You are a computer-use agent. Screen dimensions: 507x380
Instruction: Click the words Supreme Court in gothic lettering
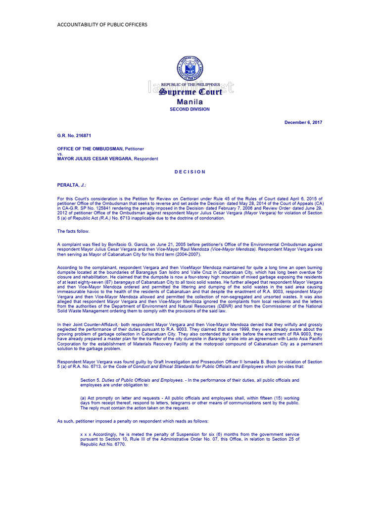click(x=190, y=92)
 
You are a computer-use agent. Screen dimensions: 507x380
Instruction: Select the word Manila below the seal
click(x=190, y=101)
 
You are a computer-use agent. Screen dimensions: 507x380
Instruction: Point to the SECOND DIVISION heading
click(x=190, y=109)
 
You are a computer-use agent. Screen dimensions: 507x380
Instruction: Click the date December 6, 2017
click(x=303, y=122)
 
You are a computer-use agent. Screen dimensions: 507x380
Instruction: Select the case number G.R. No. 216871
click(x=74, y=135)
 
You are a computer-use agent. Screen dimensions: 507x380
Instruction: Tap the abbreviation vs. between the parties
click(x=60, y=153)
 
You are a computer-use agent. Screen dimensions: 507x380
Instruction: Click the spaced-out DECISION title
click(x=190, y=172)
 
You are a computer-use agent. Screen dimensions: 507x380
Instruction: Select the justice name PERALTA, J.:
click(x=72, y=185)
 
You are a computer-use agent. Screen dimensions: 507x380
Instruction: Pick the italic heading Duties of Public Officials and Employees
click(x=140, y=380)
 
